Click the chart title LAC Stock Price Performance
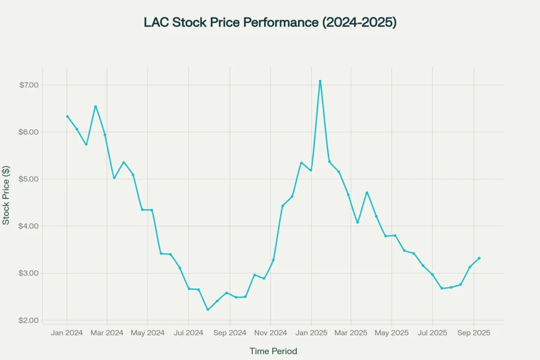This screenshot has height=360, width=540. (x=269, y=23)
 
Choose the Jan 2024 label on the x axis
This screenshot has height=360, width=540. (x=66, y=333)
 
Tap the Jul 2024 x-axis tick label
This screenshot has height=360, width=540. (x=188, y=333)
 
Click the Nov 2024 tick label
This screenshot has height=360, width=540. (x=270, y=333)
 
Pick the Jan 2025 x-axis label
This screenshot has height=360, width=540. (x=311, y=333)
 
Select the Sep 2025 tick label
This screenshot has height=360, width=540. (x=473, y=333)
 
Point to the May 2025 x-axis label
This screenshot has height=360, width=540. (x=392, y=333)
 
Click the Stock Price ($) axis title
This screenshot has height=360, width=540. (x=6, y=195)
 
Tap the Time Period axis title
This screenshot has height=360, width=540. (x=273, y=351)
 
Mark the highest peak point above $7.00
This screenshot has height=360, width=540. (x=320, y=81)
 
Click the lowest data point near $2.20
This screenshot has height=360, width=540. (x=208, y=309)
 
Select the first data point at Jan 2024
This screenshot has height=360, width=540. (x=67, y=116)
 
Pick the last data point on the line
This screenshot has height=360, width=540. (x=479, y=258)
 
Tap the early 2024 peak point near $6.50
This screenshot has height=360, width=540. (x=95, y=106)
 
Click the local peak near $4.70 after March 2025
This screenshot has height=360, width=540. (x=367, y=192)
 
